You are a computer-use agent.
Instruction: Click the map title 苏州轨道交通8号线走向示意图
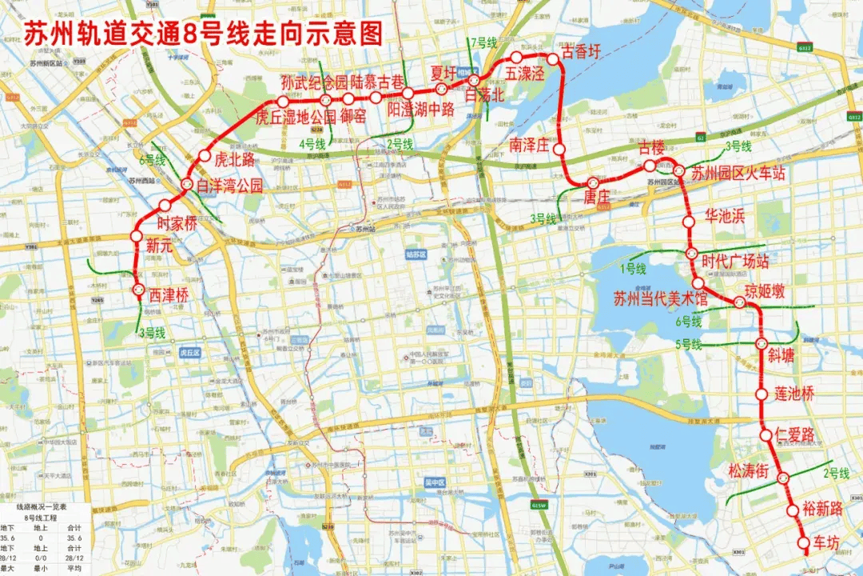pyautogui.click(x=203, y=34)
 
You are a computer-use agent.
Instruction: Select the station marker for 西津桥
pyautogui.click(x=137, y=290)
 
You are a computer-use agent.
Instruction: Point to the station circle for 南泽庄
pyautogui.click(x=560, y=150)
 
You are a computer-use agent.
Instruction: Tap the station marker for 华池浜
pyautogui.click(x=688, y=222)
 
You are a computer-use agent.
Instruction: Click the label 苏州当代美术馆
pyautogui.click(x=661, y=300)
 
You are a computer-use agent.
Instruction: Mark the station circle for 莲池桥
pyautogui.click(x=760, y=394)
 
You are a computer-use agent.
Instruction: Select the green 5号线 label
pyautogui.click(x=688, y=345)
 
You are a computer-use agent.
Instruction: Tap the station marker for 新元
pyautogui.click(x=136, y=235)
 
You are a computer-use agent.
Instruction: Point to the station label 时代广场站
pyautogui.click(x=734, y=261)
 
